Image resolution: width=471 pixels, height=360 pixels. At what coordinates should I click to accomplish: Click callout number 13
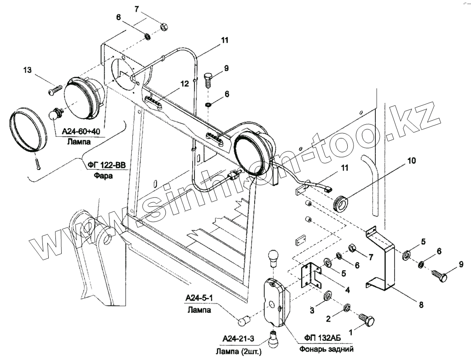pyautogui.click(x=28, y=70)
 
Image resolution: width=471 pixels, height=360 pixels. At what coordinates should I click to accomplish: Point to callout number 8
pyautogui.click(x=420, y=306)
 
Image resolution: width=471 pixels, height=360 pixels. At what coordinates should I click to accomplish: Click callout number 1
pyautogui.click(x=351, y=332)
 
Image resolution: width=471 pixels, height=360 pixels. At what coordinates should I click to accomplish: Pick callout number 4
pyautogui.click(x=347, y=289)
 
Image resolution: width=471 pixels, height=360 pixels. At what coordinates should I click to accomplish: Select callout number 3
pyautogui.click(x=312, y=310)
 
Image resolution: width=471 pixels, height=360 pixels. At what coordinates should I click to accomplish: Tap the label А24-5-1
pyautogui.click(x=197, y=298)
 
